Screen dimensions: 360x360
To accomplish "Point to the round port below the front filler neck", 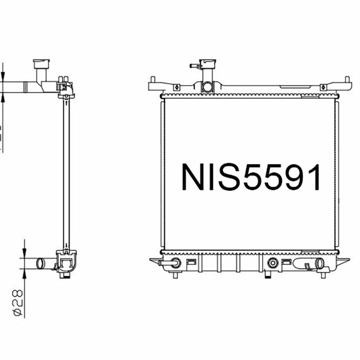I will click(207, 87).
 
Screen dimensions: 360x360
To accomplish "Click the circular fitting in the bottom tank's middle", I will click(272, 263).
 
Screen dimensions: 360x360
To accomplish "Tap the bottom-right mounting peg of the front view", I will click(323, 275).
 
